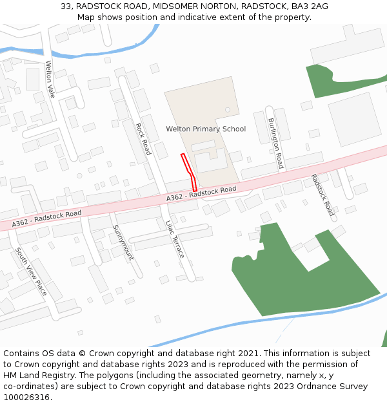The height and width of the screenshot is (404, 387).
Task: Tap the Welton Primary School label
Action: point(206,129)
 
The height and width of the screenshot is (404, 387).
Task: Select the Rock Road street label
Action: point(143,139)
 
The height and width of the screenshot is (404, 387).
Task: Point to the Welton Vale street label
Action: point(50,79)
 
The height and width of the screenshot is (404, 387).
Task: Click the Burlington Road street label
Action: point(275,144)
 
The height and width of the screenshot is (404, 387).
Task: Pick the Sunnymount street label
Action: point(123,242)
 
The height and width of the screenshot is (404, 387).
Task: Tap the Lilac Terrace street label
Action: point(175,239)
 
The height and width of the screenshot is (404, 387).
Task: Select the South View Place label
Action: point(32,271)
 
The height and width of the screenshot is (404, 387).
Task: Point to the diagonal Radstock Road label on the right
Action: point(322,195)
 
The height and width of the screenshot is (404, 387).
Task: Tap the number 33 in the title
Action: point(66,6)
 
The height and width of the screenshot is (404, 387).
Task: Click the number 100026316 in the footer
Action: point(25,398)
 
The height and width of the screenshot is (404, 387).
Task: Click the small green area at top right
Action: point(329,78)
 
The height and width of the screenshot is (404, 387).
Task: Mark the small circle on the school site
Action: point(227,110)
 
